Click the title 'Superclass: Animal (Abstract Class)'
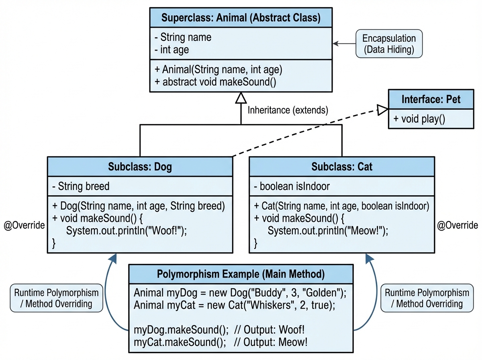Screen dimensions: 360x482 pos(241,18)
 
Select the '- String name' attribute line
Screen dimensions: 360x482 pos(183,38)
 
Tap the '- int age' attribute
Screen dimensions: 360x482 pos(172,50)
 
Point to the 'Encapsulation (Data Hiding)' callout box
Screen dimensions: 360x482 pos(389,44)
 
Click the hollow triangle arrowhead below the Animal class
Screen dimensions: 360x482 pos(241,98)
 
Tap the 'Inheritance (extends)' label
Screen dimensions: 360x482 pos(288,110)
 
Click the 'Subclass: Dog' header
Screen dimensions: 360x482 pos(140,166)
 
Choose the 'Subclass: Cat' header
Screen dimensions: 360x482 pos(342,166)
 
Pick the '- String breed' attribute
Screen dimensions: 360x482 pos(81,186)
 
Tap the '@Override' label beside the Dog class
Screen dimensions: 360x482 pos(24,225)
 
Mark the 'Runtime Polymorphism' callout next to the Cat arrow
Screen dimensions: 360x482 pos(427,299)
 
